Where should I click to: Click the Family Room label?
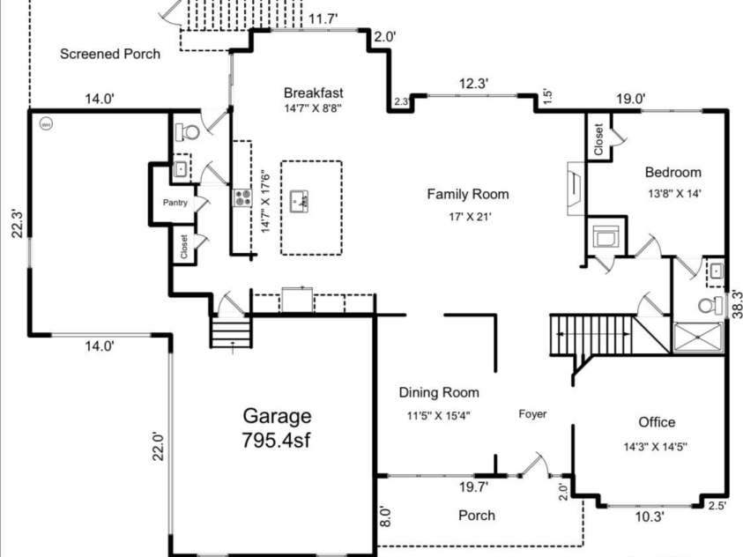[468, 194]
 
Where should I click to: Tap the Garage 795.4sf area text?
[277, 427]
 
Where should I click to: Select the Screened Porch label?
[110, 54]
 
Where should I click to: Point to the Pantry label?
[175, 203]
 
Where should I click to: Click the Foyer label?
[532, 414]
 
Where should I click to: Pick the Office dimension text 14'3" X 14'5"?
[656, 447]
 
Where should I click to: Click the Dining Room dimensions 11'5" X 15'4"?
[438, 416]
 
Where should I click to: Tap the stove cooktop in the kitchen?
[242, 197]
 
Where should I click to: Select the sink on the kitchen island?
[299, 201]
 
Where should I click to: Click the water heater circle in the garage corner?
[46, 124]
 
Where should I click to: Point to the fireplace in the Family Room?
[576, 189]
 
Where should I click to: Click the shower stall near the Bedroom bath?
[698, 338]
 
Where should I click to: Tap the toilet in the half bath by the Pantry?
[188, 131]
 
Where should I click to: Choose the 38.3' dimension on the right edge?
[737, 303]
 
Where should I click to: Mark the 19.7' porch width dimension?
[473, 486]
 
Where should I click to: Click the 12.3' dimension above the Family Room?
[473, 84]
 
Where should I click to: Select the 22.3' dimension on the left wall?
[18, 223]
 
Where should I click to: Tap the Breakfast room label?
[313, 93]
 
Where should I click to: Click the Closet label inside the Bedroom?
[598, 139]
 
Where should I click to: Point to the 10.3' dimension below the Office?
[650, 516]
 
